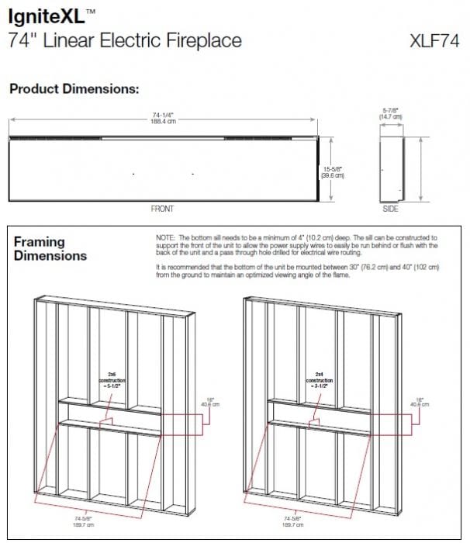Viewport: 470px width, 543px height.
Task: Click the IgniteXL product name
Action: [x=48, y=14]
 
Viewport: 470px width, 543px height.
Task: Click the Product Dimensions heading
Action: [x=74, y=89]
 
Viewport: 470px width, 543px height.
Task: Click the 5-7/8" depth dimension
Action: [x=389, y=113]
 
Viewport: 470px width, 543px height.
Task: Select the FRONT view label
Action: [x=162, y=209]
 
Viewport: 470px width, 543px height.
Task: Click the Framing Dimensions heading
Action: [x=50, y=248]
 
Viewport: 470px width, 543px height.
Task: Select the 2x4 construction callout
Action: [x=319, y=376]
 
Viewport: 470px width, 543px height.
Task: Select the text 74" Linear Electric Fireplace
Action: [x=125, y=40]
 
